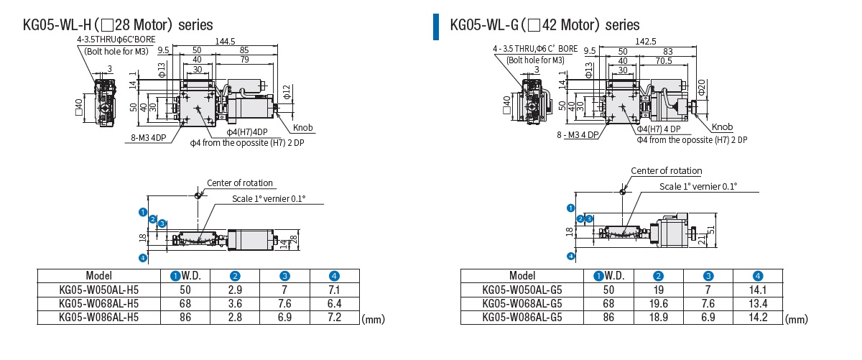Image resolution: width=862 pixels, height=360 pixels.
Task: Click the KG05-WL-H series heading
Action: pyautogui.click(x=119, y=24)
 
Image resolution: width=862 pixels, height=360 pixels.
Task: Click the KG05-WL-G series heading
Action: pyautogui.click(x=544, y=24)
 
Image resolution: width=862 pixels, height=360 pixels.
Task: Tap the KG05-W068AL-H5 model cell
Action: pyautogui.click(x=98, y=303)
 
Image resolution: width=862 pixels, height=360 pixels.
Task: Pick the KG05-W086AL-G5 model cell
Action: pyautogui.click(x=522, y=316)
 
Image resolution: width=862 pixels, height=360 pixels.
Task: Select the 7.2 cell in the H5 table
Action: pyautogui.click(x=334, y=316)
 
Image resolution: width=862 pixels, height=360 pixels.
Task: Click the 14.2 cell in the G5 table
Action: pyautogui.click(x=757, y=316)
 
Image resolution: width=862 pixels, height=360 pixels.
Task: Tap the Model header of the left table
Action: pyautogui.click(x=98, y=275)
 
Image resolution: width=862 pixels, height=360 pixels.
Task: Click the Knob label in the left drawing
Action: pyautogui.click(x=303, y=128)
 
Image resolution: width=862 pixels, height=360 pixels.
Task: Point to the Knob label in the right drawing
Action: pyautogui.click(x=723, y=127)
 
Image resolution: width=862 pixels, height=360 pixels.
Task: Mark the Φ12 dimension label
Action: pyautogui.click(x=285, y=91)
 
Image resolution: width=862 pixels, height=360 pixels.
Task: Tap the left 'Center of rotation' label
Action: pyautogui.click(x=240, y=183)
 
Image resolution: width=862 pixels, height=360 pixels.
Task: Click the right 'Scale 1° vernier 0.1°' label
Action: pyautogui.click(x=699, y=186)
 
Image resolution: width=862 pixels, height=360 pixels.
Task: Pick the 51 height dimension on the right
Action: pyautogui.click(x=711, y=230)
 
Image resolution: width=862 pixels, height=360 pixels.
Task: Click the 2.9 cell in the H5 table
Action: pyautogui.click(x=235, y=290)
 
